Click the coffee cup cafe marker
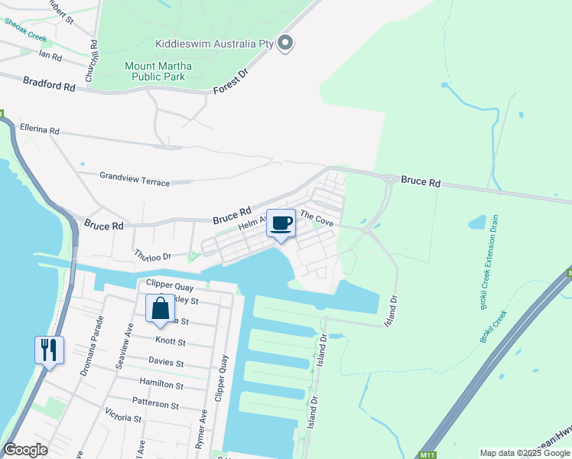[x=281, y=223]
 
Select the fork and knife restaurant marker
[x=49, y=350]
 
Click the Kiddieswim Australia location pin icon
[x=285, y=44]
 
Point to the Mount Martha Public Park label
[x=158, y=71]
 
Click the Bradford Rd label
[x=49, y=83]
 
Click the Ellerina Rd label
[x=40, y=130]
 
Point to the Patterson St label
[x=155, y=405]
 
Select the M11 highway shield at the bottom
[x=428, y=452]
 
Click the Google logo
[x=26, y=450]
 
